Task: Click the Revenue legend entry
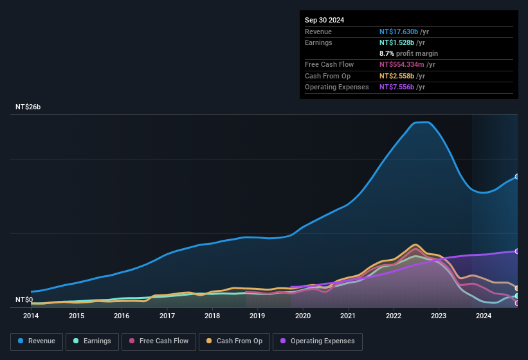(37, 341)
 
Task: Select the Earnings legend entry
(93, 341)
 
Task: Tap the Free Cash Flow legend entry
(159, 341)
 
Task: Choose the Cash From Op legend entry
(234, 341)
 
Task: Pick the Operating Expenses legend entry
(317, 341)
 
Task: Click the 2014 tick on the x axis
(31, 316)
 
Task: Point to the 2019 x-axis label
(257, 316)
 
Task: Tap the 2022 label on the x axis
(393, 316)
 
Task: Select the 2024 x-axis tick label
(484, 316)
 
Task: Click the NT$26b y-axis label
(28, 107)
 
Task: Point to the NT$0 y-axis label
(24, 300)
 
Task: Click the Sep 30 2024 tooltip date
(324, 20)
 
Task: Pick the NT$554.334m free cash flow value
(402, 64)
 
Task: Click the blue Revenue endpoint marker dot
(517, 176)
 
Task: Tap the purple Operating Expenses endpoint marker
(517, 251)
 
